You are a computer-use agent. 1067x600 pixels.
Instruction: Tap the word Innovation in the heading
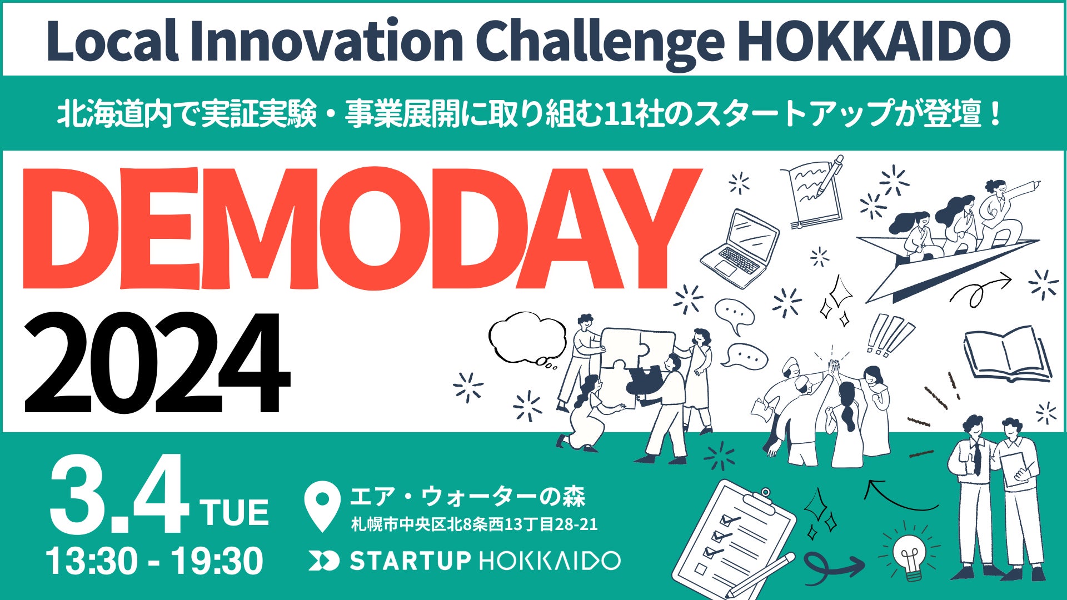pos(326,41)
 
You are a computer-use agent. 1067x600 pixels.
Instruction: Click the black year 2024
pos(156,364)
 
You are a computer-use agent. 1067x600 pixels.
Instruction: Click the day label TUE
pos(235,512)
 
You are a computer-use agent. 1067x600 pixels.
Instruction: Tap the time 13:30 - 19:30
pos(155,561)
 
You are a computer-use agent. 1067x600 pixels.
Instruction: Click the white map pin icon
pos(323,503)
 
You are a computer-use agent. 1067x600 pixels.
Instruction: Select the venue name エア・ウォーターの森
pos(467,496)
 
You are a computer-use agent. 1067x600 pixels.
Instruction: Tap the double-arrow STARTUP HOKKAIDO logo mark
pos(323,561)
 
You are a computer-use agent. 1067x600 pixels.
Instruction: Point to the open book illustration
pos(1007,354)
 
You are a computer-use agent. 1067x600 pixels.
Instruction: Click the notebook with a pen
pos(814,192)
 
